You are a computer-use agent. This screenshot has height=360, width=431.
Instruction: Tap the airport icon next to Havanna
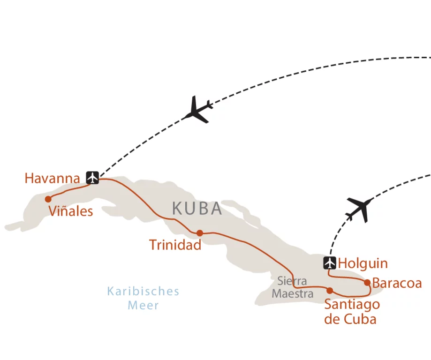(x=93, y=178)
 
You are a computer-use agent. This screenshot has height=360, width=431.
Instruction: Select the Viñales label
(x=71, y=211)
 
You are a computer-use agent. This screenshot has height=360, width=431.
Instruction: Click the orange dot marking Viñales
(x=48, y=199)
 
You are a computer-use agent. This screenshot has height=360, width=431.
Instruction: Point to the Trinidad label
(x=175, y=245)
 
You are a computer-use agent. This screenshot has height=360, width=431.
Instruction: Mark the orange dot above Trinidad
(x=200, y=233)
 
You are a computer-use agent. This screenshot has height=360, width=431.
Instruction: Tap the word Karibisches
(x=143, y=291)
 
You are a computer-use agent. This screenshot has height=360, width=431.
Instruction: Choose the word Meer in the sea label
(x=144, y=306)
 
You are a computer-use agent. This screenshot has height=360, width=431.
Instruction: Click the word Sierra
(x=292, y=281)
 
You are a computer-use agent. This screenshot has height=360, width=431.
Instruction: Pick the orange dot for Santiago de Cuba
(x=330, y=290)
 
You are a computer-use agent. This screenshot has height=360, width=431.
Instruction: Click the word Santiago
(x=352, y=305)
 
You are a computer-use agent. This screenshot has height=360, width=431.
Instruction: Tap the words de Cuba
(x=350, y=319)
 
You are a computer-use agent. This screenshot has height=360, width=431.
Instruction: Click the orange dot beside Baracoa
(x=367, y=283)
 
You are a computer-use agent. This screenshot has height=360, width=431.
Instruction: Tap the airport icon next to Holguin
(x=330, y=263)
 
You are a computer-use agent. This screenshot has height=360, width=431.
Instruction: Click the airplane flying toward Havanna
(x=198, y=110)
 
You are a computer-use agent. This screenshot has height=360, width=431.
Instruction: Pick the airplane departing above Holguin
(x=360, y=209)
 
